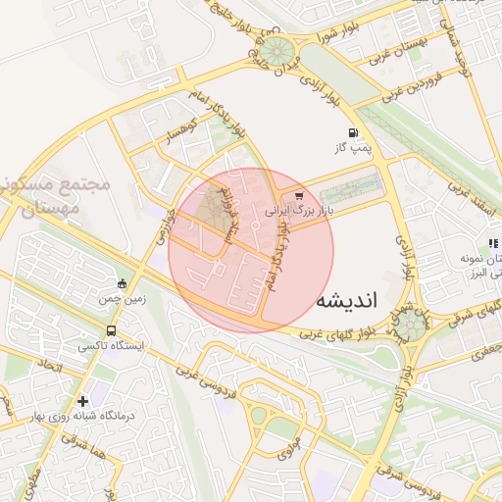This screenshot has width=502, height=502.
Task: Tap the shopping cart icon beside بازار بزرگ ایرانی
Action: click(299, 196)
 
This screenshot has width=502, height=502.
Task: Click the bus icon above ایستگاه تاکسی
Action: click(111, 330)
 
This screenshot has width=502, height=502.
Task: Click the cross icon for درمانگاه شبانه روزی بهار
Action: click(83, 400)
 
